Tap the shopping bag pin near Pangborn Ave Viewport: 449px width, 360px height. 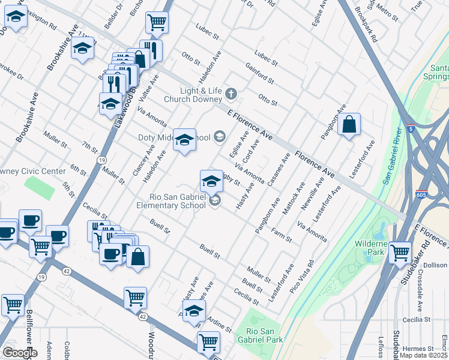pyautogui.click(x=349, y=125)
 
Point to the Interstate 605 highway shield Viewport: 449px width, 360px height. pyautogui.click(x=421, y=194)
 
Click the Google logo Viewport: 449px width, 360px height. pyautogui.click(x=19, y=353)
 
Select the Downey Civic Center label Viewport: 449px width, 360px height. pyautogui.click(x=32, y=172)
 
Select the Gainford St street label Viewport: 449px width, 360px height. pyautogui.click(x=259, y=73)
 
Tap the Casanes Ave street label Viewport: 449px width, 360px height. pyautogui.click(x=279, y=169)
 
